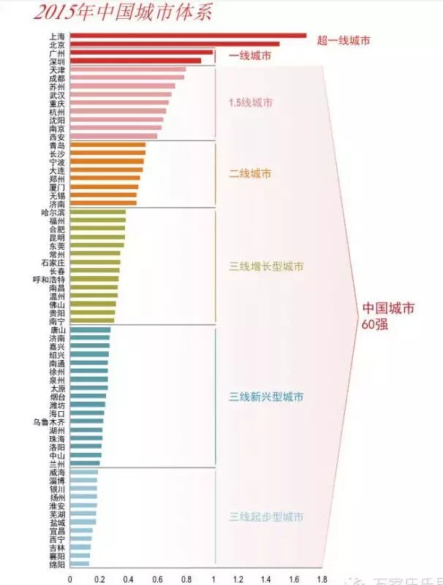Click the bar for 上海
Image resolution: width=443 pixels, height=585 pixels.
(188, 35)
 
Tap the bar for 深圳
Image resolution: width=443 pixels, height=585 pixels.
(135, 61)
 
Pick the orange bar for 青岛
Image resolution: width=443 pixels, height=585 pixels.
(107, 145)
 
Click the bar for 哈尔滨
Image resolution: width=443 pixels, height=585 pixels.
(98, 213)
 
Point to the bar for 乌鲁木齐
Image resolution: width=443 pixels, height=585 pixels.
(86, 421)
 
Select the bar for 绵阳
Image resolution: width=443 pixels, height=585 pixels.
(79, 564)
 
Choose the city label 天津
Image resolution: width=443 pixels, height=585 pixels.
(56, 70)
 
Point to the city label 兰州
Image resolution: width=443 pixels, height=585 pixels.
(56, 463)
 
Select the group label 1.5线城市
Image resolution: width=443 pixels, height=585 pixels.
(251, 102)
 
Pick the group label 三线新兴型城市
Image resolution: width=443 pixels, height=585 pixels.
(266, 397)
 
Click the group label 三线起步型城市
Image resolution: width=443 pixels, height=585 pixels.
(266, 517)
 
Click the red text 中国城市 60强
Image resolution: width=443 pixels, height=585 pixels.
(388, 315)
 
